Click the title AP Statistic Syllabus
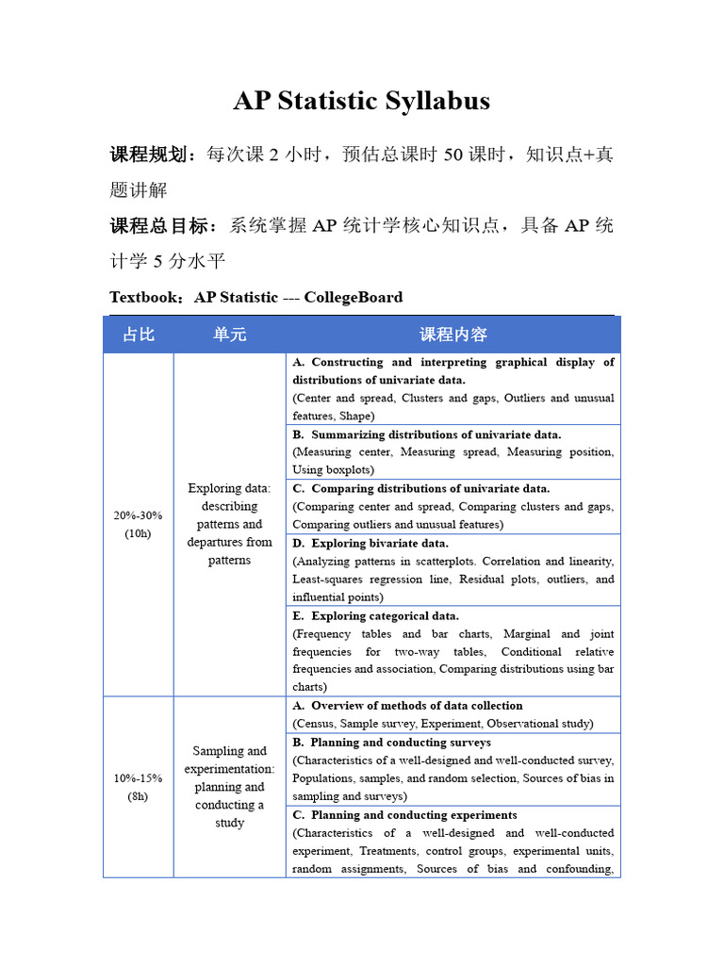(361, 101)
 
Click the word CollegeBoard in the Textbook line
(354, 298)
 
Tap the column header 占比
(139, 335)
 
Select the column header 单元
(229, 335)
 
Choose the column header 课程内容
(452, 335)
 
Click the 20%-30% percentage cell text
(138, 515)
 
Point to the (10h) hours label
(138, 533)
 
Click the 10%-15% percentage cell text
(138, 778)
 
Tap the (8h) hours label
(138, 796)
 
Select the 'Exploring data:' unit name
(229, 488)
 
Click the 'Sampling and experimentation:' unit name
(229, 760)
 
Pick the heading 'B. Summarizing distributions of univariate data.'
(426, 434)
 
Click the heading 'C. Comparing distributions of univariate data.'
(420, 488)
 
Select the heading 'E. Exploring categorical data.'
(375, 615)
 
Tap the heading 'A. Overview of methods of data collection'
(407, 705)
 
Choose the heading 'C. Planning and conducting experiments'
(404, 814)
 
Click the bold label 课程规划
(154, 155)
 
